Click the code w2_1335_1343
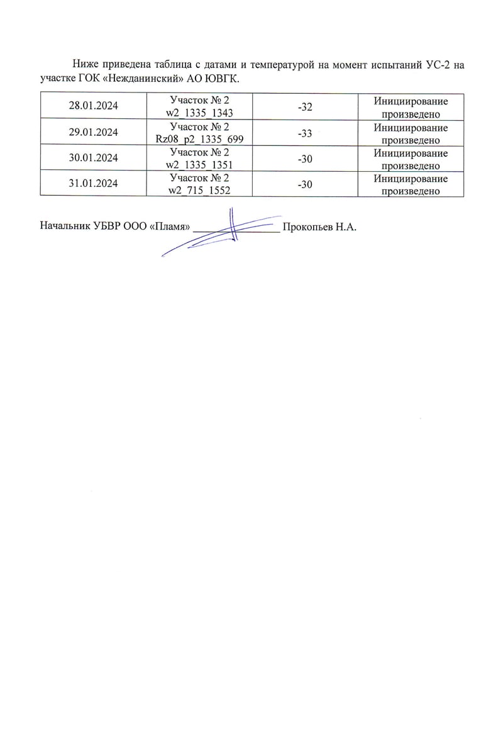(199, 114)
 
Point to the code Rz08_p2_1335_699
(199, 140)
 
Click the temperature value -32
(305, 106)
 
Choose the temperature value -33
(305, 132)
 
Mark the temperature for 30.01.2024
(305, 159)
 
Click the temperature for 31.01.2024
(305, 184)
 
